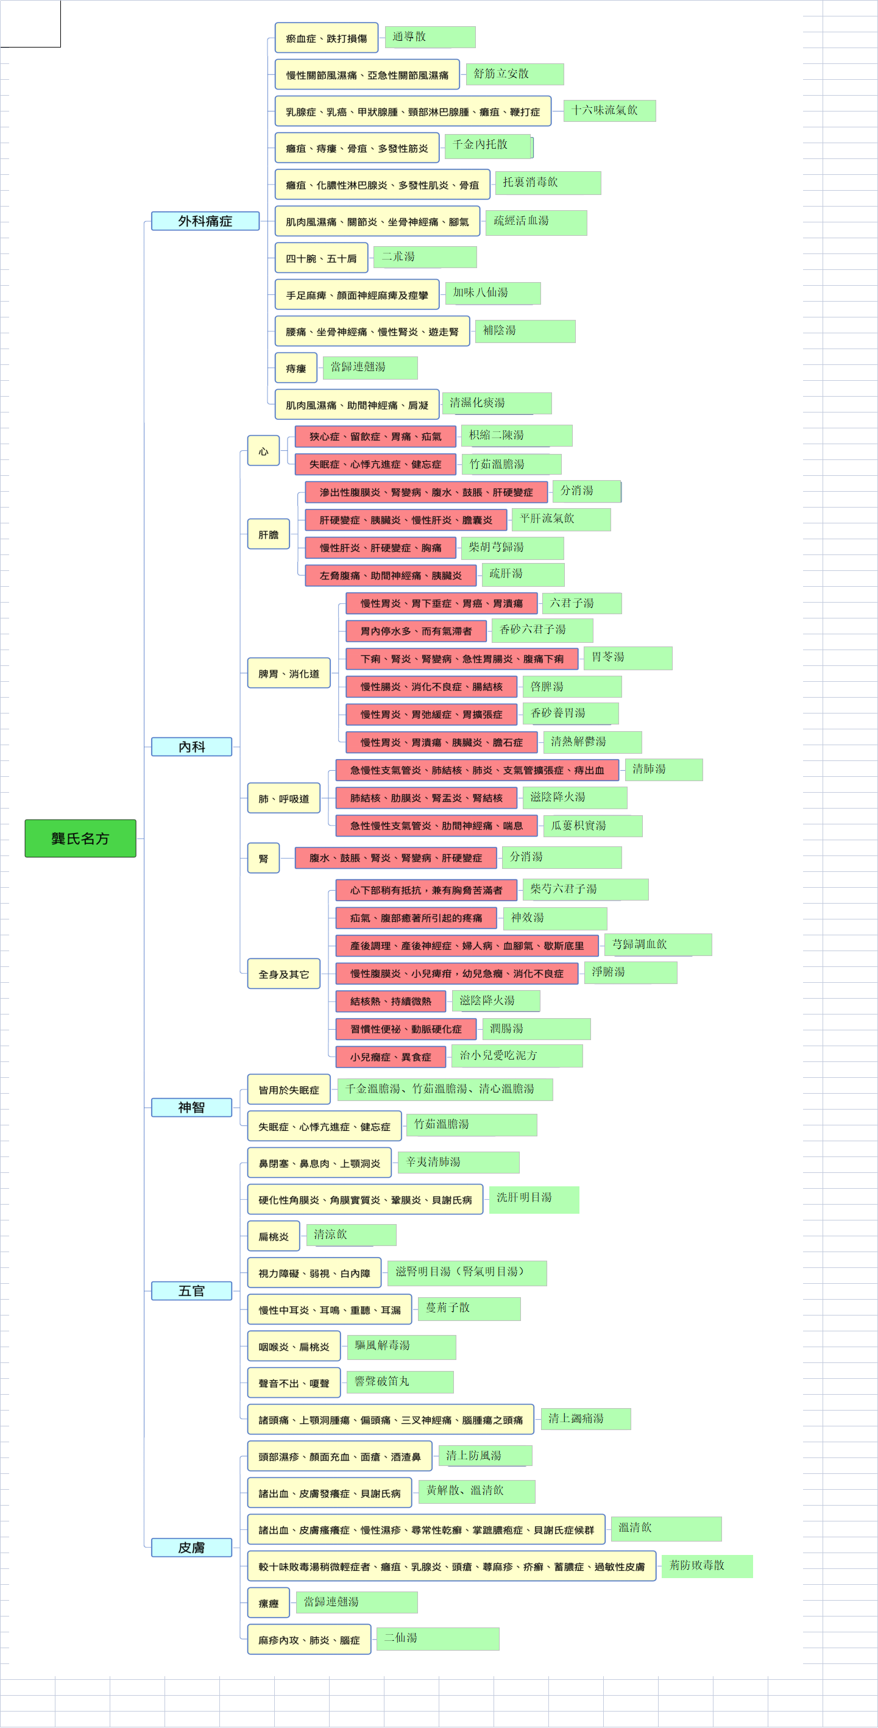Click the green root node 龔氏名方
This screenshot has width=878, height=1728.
coord(80,838)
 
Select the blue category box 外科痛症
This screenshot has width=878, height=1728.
coord(205,221)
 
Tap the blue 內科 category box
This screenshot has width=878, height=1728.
coord(192,746)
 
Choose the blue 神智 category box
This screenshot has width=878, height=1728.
coord(192,1108)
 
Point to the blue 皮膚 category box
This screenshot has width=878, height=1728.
coord(192,1548)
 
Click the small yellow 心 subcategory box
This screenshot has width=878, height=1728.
coord(264,451)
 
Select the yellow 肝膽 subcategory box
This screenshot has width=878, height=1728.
coord(268,534)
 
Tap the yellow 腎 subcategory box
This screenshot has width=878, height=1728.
coord(264,858)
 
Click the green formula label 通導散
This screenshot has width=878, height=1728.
coord(430,37)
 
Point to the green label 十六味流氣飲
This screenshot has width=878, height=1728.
coord(610,110)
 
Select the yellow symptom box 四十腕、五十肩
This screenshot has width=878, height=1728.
coord(321,258)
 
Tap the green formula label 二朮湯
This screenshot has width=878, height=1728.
coord(425,257)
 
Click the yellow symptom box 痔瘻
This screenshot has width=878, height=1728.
coord(296,368)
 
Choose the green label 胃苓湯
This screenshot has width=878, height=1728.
coord(628,657)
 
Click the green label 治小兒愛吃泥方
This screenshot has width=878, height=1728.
coord(517,1055)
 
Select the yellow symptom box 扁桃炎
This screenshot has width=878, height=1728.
coord(274,1236)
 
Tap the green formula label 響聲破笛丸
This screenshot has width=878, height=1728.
coord(400,1382)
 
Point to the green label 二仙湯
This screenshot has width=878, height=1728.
coord(437,1638)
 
